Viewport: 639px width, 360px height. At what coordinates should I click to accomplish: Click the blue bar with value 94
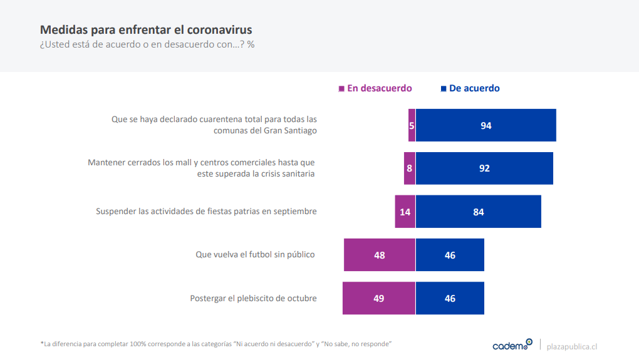[x=486, y=125]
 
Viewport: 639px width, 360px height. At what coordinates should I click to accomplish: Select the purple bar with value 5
[x=412, y=125]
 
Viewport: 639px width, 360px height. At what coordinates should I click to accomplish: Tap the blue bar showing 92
[x=484, y=168]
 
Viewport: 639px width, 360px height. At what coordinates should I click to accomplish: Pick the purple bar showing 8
[x=409, y=168]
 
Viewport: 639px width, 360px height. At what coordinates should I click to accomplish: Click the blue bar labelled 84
[x=478, y=212]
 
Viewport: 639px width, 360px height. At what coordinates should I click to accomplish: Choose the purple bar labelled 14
[x=405, y=212]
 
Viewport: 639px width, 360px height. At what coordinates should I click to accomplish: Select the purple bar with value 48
[x=379, y=255]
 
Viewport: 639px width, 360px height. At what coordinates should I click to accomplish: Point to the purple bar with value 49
[x=378, y=298]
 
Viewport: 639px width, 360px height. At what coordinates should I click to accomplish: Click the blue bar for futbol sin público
[x=450, y=255]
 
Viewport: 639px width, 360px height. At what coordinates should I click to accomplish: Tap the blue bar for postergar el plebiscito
[x=450, y=298]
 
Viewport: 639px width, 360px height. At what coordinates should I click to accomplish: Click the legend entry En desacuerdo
[x=375, y=88]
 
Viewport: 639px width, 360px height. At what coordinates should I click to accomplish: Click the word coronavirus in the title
[x=217, y=29]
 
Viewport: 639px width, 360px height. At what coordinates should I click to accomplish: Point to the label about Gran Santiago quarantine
[x=214, y=125]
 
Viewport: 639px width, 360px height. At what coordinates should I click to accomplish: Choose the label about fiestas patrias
[x=206, y=212]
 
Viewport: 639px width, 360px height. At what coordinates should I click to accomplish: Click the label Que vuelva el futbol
[x=255, y=255]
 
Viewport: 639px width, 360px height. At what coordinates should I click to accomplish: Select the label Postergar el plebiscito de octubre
[x=253, y=298]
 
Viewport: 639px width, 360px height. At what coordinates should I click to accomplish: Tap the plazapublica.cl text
[x=572, y=346]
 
